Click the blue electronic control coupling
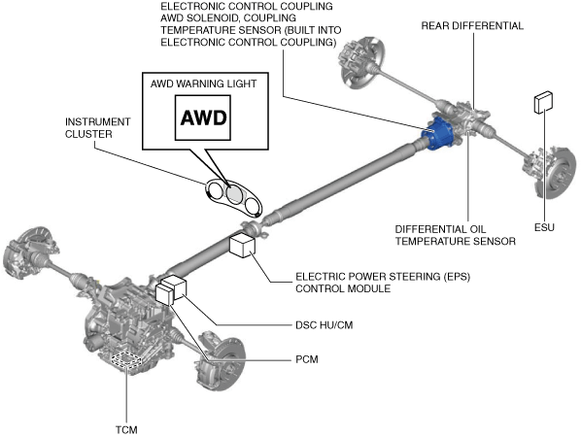438,133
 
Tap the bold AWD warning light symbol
203,118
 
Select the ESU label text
544,227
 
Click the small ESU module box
543,102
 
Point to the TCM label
126,430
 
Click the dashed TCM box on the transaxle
127,358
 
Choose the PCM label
307,359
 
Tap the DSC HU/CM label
324,325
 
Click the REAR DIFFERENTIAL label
472,25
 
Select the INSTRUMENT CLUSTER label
98,128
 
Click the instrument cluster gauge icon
233,197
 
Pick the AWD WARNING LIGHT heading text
203,84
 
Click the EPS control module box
242,245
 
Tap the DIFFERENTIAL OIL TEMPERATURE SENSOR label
455,235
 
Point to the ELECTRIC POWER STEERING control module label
383,283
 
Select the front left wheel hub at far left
29,251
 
